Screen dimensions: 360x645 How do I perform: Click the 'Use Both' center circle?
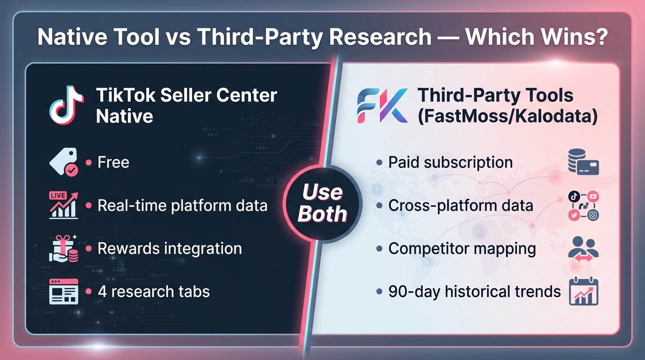click(x=322, y=203)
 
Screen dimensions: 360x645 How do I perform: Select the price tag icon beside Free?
click(x=64, y=163)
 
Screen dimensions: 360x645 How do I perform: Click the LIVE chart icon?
click(x=64, y=205)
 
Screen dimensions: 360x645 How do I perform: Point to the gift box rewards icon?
click(x=64, y=248)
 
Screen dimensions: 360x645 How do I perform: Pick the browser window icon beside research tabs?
click(x=64, y=292)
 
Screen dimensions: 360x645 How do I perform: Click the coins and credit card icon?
click(x=583, y=163)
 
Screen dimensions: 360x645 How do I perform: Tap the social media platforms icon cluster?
click(x=583, y=206)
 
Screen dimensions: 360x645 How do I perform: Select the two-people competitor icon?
click(x=583, y=249)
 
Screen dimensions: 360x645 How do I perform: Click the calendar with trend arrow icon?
click(x=583, y=292)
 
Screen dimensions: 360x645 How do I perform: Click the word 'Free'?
click(x=113, y=163)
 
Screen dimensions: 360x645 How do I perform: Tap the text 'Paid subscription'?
click(x=450, y=163)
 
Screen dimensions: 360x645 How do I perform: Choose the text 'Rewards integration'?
click(x=169, y=248)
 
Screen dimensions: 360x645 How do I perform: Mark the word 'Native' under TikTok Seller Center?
click(x=125, y=116)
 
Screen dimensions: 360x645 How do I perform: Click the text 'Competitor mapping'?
click(x=462, y=248)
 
